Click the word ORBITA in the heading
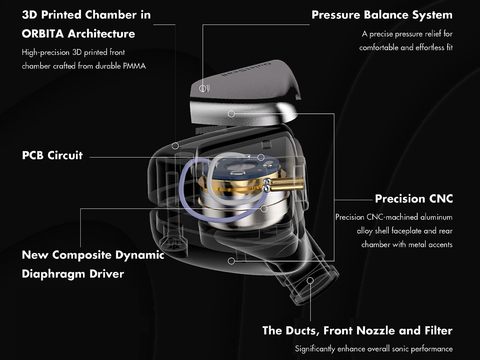[43, 34]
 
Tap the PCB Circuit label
[52, 155]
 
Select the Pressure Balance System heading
[382, 15]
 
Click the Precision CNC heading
[414, 198]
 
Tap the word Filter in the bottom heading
[438, 330]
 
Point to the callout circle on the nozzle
[310, 280]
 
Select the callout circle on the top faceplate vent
[203, 88]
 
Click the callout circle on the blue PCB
[261, 157]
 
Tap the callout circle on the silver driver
[264, 208]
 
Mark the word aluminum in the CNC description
[436, 217]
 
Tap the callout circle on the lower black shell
[231, 261]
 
